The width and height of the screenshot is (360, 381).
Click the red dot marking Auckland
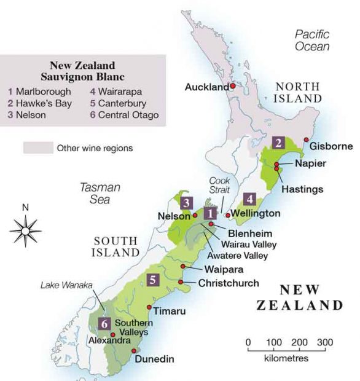tap(233, 87)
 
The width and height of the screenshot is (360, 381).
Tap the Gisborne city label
tap(331, 146)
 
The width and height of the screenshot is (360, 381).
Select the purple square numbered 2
tap(279, 143)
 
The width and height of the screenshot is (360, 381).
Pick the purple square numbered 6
tap(105, 323)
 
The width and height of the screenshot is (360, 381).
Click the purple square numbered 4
tap(249, 198)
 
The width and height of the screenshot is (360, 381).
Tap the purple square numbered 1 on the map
tap(211, 213)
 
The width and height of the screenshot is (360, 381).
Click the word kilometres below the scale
tap(287, 357)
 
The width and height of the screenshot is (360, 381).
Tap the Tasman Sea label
tap(100, 194)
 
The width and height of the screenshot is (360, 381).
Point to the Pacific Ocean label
tap(311, 41)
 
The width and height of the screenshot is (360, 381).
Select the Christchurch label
tap(229, 283)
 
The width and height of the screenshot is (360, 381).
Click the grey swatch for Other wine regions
tap(37, 148)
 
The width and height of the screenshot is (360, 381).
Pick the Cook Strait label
tap(219, 186)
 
